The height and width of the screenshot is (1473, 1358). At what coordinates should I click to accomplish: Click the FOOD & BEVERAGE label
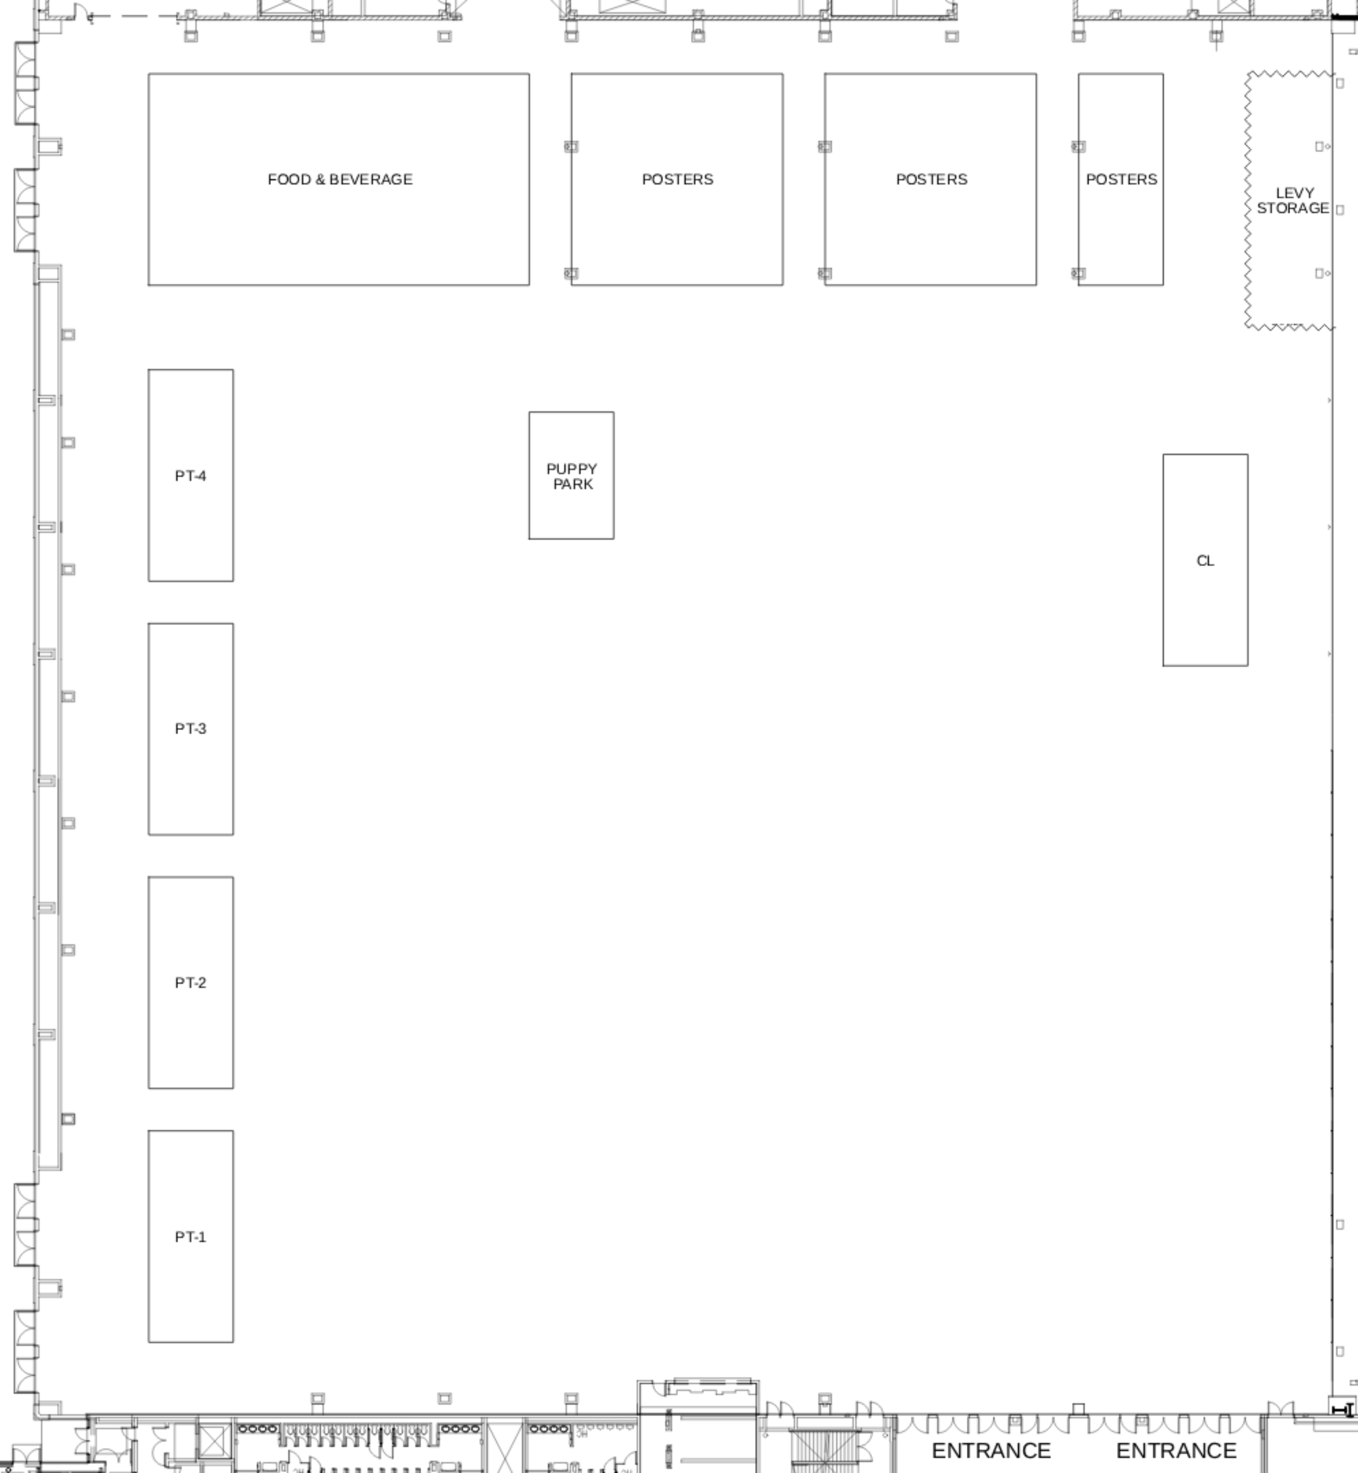pyautogui.click(x=340, y=179)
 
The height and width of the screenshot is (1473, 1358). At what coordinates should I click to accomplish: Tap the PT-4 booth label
pyautogui.click(x=190, y=476)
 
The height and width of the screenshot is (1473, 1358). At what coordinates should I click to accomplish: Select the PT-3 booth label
pyautogui.click(x=190, y=729)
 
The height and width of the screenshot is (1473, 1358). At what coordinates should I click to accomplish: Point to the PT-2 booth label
pyautogui.click(x=190, y=982)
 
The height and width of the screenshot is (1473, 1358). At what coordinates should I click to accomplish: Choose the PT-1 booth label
pyautogui.click(x=190, y=1237)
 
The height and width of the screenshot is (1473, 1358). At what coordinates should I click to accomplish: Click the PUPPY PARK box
pyautogui.click(x=571, y=476)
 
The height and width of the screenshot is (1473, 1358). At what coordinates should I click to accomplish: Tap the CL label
pyautogui.click(x=1205, y=561)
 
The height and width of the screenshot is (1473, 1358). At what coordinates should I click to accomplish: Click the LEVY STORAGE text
pyautogui.click(x=1293, y=201)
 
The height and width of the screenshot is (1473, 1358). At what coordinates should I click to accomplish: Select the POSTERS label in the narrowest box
pyautogui.click(x=1121, y=179)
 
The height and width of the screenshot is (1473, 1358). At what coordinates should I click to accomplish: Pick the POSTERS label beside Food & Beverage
pyautogui.click(x=678, y=179)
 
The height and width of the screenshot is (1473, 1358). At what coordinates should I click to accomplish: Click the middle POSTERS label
pyautogui.click(x=931, y=179)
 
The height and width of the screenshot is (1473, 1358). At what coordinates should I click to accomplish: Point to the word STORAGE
pyautogui.click(x=1293, y=209)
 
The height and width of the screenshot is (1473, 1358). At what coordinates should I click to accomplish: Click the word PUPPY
pyautogui.click(x=571, y=469)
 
